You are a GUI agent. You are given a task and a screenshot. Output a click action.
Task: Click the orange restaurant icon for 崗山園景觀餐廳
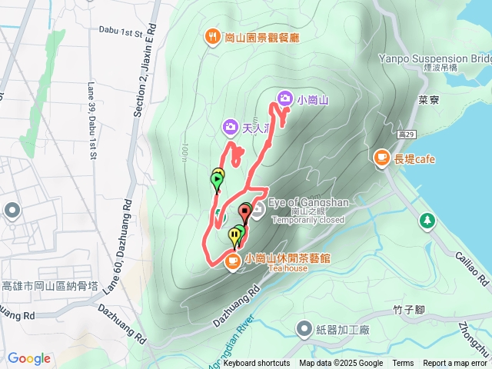(x=211, y=36)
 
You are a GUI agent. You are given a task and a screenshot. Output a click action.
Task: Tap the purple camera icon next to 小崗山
(x=284, y=98)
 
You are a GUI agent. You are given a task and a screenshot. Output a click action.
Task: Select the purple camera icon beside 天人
(x=229, y=126)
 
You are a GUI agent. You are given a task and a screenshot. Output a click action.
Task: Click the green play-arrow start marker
(x=217, y=181)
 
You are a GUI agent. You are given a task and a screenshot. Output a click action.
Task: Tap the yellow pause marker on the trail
(x=234, y=235)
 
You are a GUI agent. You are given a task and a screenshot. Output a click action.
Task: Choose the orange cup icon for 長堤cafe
(x=381, y=158)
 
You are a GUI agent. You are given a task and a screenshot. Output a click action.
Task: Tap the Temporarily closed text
(x=308, y=219)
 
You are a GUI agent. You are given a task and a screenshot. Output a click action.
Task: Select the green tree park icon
(x=427, y=221)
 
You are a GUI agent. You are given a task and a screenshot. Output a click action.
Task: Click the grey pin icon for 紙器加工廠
(x=305, y=329)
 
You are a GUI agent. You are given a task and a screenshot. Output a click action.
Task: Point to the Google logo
(x=28, y=358)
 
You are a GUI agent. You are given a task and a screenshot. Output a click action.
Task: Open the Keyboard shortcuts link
(x=257, y=364)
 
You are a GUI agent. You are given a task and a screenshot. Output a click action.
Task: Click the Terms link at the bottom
(x=403, y=364)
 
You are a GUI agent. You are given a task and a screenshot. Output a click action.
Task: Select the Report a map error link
(x=455, y=364)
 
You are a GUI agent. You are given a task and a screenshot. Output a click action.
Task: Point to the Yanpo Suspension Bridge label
(x=434, y=58)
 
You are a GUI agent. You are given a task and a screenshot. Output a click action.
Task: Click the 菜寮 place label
(x=428, y=100)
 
